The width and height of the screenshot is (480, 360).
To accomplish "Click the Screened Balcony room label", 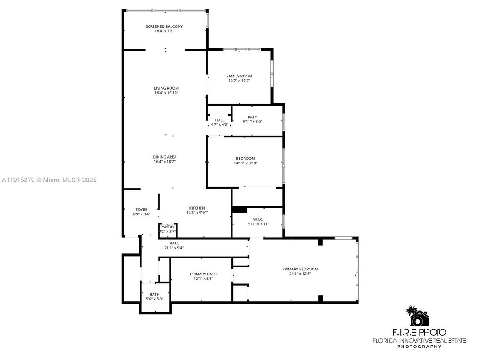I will click(164, 26).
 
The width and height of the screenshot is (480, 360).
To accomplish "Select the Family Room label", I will click(239, 76).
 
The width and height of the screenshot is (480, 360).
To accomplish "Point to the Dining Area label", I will click(165, 157).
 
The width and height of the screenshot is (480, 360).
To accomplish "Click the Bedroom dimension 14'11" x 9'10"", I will click(245, 163).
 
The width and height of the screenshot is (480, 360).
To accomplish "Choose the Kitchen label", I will click(197, 208).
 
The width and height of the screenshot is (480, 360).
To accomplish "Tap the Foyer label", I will click(141, 210).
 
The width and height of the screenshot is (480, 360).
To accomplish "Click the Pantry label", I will click(167, 227).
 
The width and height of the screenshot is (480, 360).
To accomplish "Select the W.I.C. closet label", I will click(258, 219).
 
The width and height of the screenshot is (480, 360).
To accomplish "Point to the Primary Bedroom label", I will click(300, 269).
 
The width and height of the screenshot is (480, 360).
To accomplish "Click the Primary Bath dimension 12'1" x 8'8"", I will click(203, 279).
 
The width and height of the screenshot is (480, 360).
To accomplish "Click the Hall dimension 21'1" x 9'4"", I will click(174, 248).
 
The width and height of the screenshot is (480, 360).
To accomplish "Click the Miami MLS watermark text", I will click(49, 180).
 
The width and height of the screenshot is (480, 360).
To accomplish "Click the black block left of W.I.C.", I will click(240, 210).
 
